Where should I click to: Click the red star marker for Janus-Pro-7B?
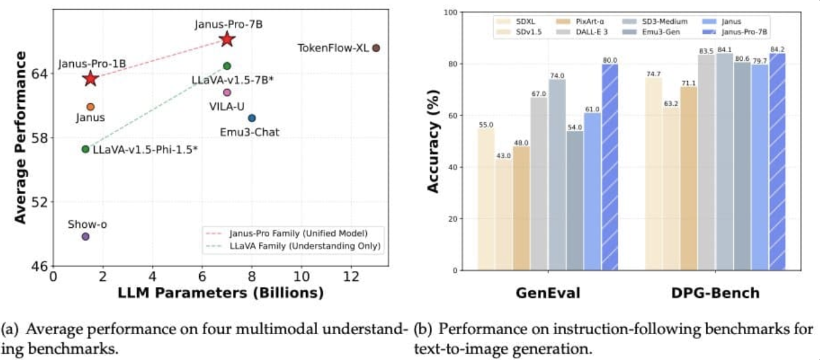tap(227, 39)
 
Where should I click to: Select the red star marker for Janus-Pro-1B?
tap(90, 78)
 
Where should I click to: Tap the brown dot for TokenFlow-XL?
tap(376, 48)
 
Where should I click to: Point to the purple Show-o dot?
tap(85, 237)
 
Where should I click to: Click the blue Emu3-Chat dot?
tap(251, 118)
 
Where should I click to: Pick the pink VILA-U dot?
tap(227, 92)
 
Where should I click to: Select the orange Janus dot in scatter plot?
tap(90, 107)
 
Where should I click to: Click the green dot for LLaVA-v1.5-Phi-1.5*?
tap(85, 149)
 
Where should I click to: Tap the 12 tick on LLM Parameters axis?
tap(351, 276)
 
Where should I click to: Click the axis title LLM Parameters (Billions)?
tap(221, 294)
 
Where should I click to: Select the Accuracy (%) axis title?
tap(435, 141)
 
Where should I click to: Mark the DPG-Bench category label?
tap(716, 294)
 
